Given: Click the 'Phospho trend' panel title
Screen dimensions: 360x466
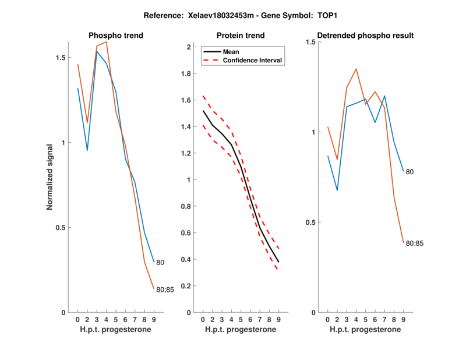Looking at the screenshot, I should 115,36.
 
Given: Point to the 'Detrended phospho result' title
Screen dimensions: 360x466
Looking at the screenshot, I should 366,36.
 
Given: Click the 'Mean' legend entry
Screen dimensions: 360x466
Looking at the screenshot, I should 231,52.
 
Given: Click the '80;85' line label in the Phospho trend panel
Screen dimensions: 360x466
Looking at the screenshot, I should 165,290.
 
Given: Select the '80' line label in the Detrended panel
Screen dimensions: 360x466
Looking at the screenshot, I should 409,172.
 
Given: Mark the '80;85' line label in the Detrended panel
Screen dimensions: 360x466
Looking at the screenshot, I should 414,243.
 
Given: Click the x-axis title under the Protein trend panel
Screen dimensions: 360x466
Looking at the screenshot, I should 240,330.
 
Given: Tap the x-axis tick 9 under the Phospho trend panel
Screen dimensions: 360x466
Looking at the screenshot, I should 154,319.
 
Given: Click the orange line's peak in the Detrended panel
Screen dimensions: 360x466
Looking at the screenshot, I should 356,69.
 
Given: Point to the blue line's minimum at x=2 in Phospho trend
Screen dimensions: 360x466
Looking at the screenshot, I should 87,150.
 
